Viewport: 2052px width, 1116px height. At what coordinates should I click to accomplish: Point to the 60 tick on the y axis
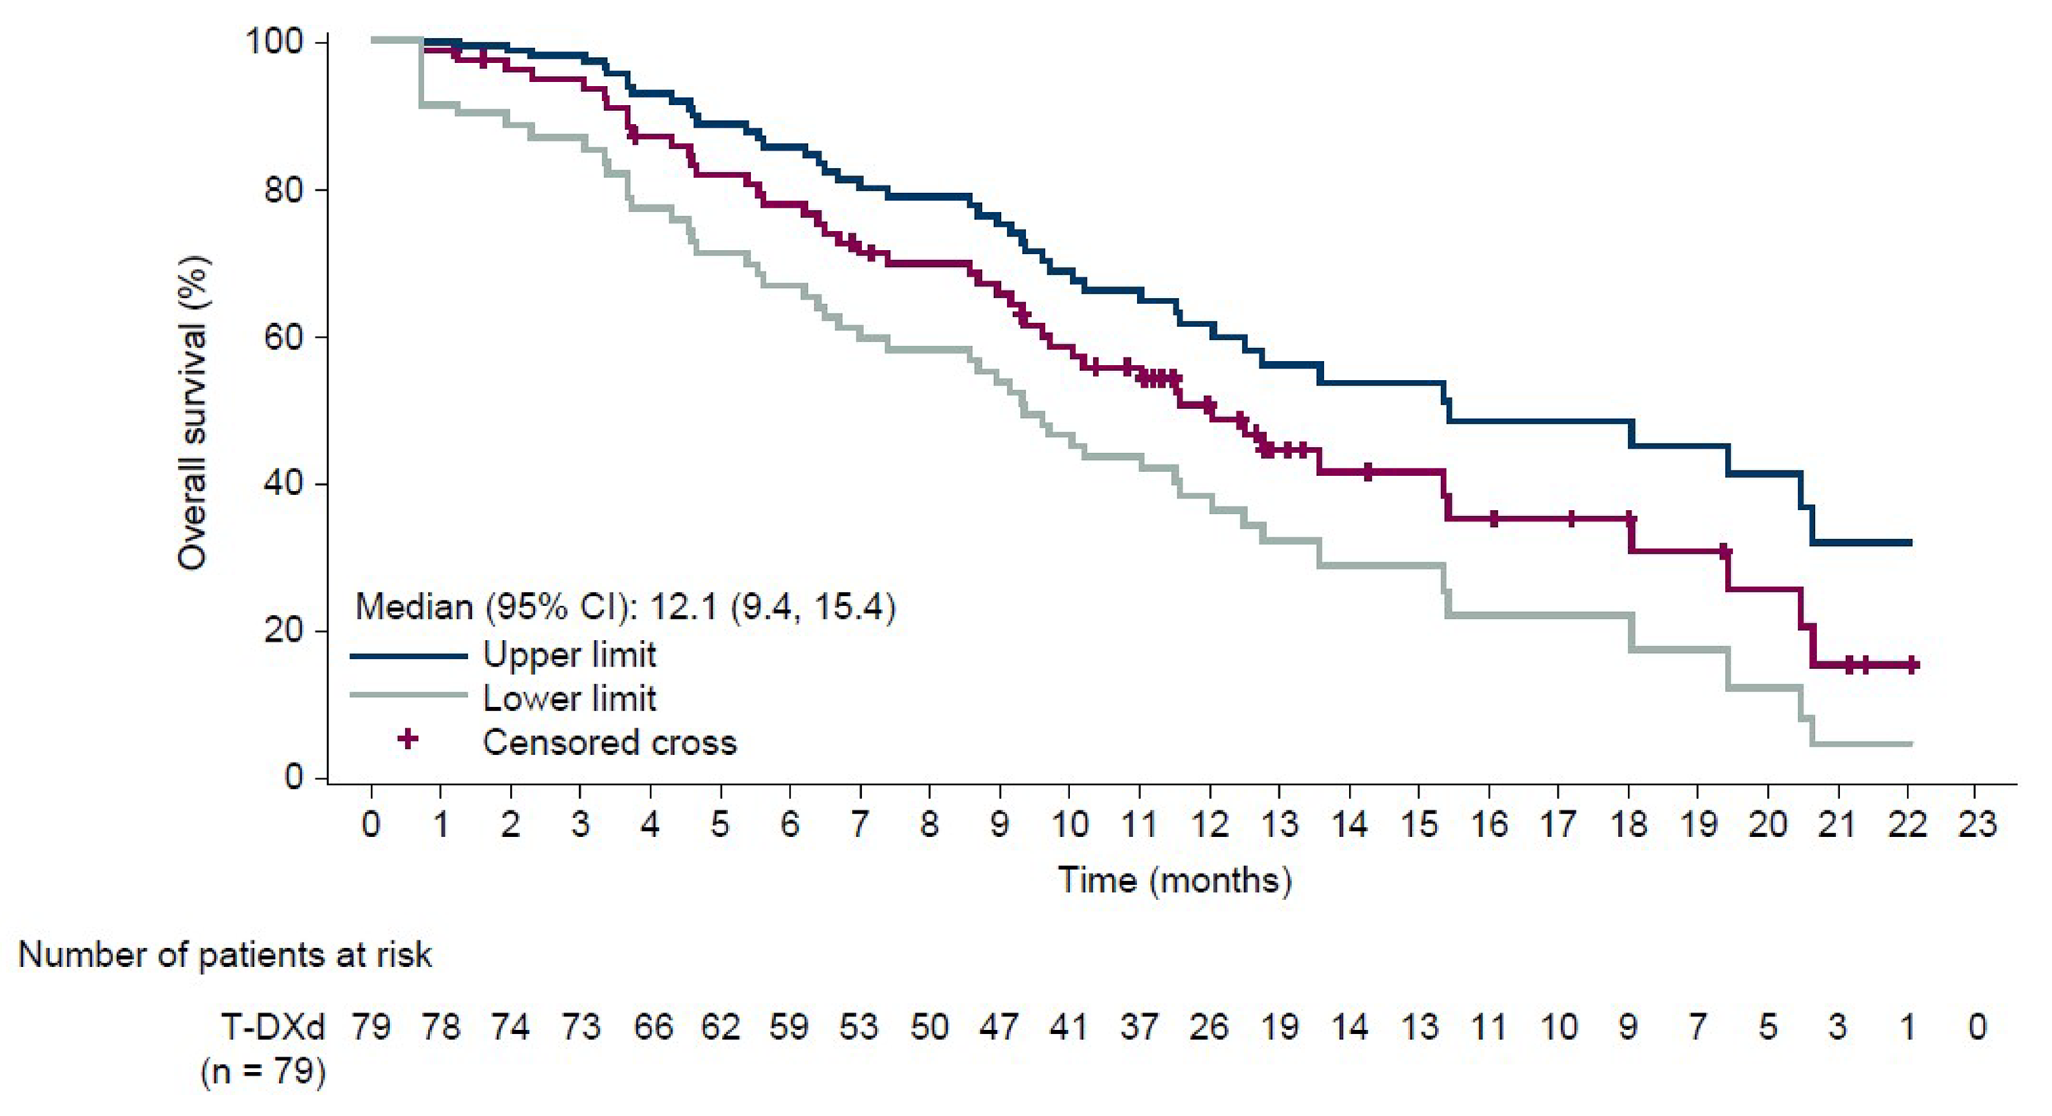coord(283,337)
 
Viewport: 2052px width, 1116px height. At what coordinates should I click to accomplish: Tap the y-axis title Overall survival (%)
coord(192,412)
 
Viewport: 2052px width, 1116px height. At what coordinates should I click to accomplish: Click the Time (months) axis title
coord(1175,880)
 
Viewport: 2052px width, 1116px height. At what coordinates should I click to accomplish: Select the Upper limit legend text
coord(568,655)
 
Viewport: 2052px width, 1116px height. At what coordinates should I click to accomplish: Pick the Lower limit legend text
coord(568,699)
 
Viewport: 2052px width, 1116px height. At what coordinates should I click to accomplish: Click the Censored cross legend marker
coord(408,740)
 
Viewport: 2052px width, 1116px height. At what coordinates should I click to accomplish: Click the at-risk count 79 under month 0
coord(371,1027)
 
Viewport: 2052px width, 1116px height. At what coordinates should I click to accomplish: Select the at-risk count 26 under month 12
coord(1209,1027)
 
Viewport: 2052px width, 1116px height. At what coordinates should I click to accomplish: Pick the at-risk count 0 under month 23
coord(1977,1027)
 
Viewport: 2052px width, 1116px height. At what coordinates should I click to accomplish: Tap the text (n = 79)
coord(264,1071)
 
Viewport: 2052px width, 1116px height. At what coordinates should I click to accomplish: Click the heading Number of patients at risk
coord(226,954)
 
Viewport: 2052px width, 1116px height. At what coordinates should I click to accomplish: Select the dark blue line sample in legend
coord(408,656)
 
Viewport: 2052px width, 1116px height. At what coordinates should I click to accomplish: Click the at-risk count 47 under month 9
coord(999,1027)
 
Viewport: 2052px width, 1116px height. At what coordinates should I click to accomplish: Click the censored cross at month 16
coord(1493,518)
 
